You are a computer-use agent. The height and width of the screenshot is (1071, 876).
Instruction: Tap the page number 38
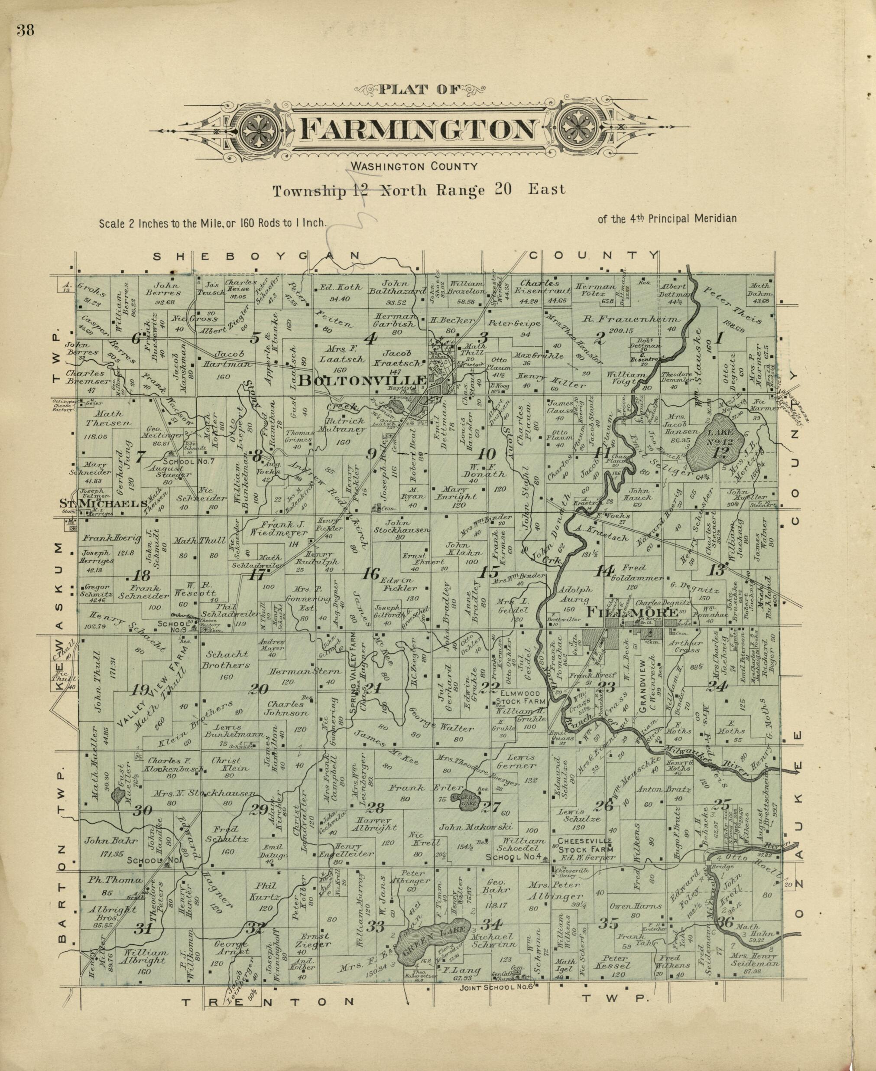(x=25, y=31)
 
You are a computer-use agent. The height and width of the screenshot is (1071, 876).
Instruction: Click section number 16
(x=372, y=574)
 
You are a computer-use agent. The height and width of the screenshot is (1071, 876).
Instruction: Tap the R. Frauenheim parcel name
(x=631, y=319)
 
